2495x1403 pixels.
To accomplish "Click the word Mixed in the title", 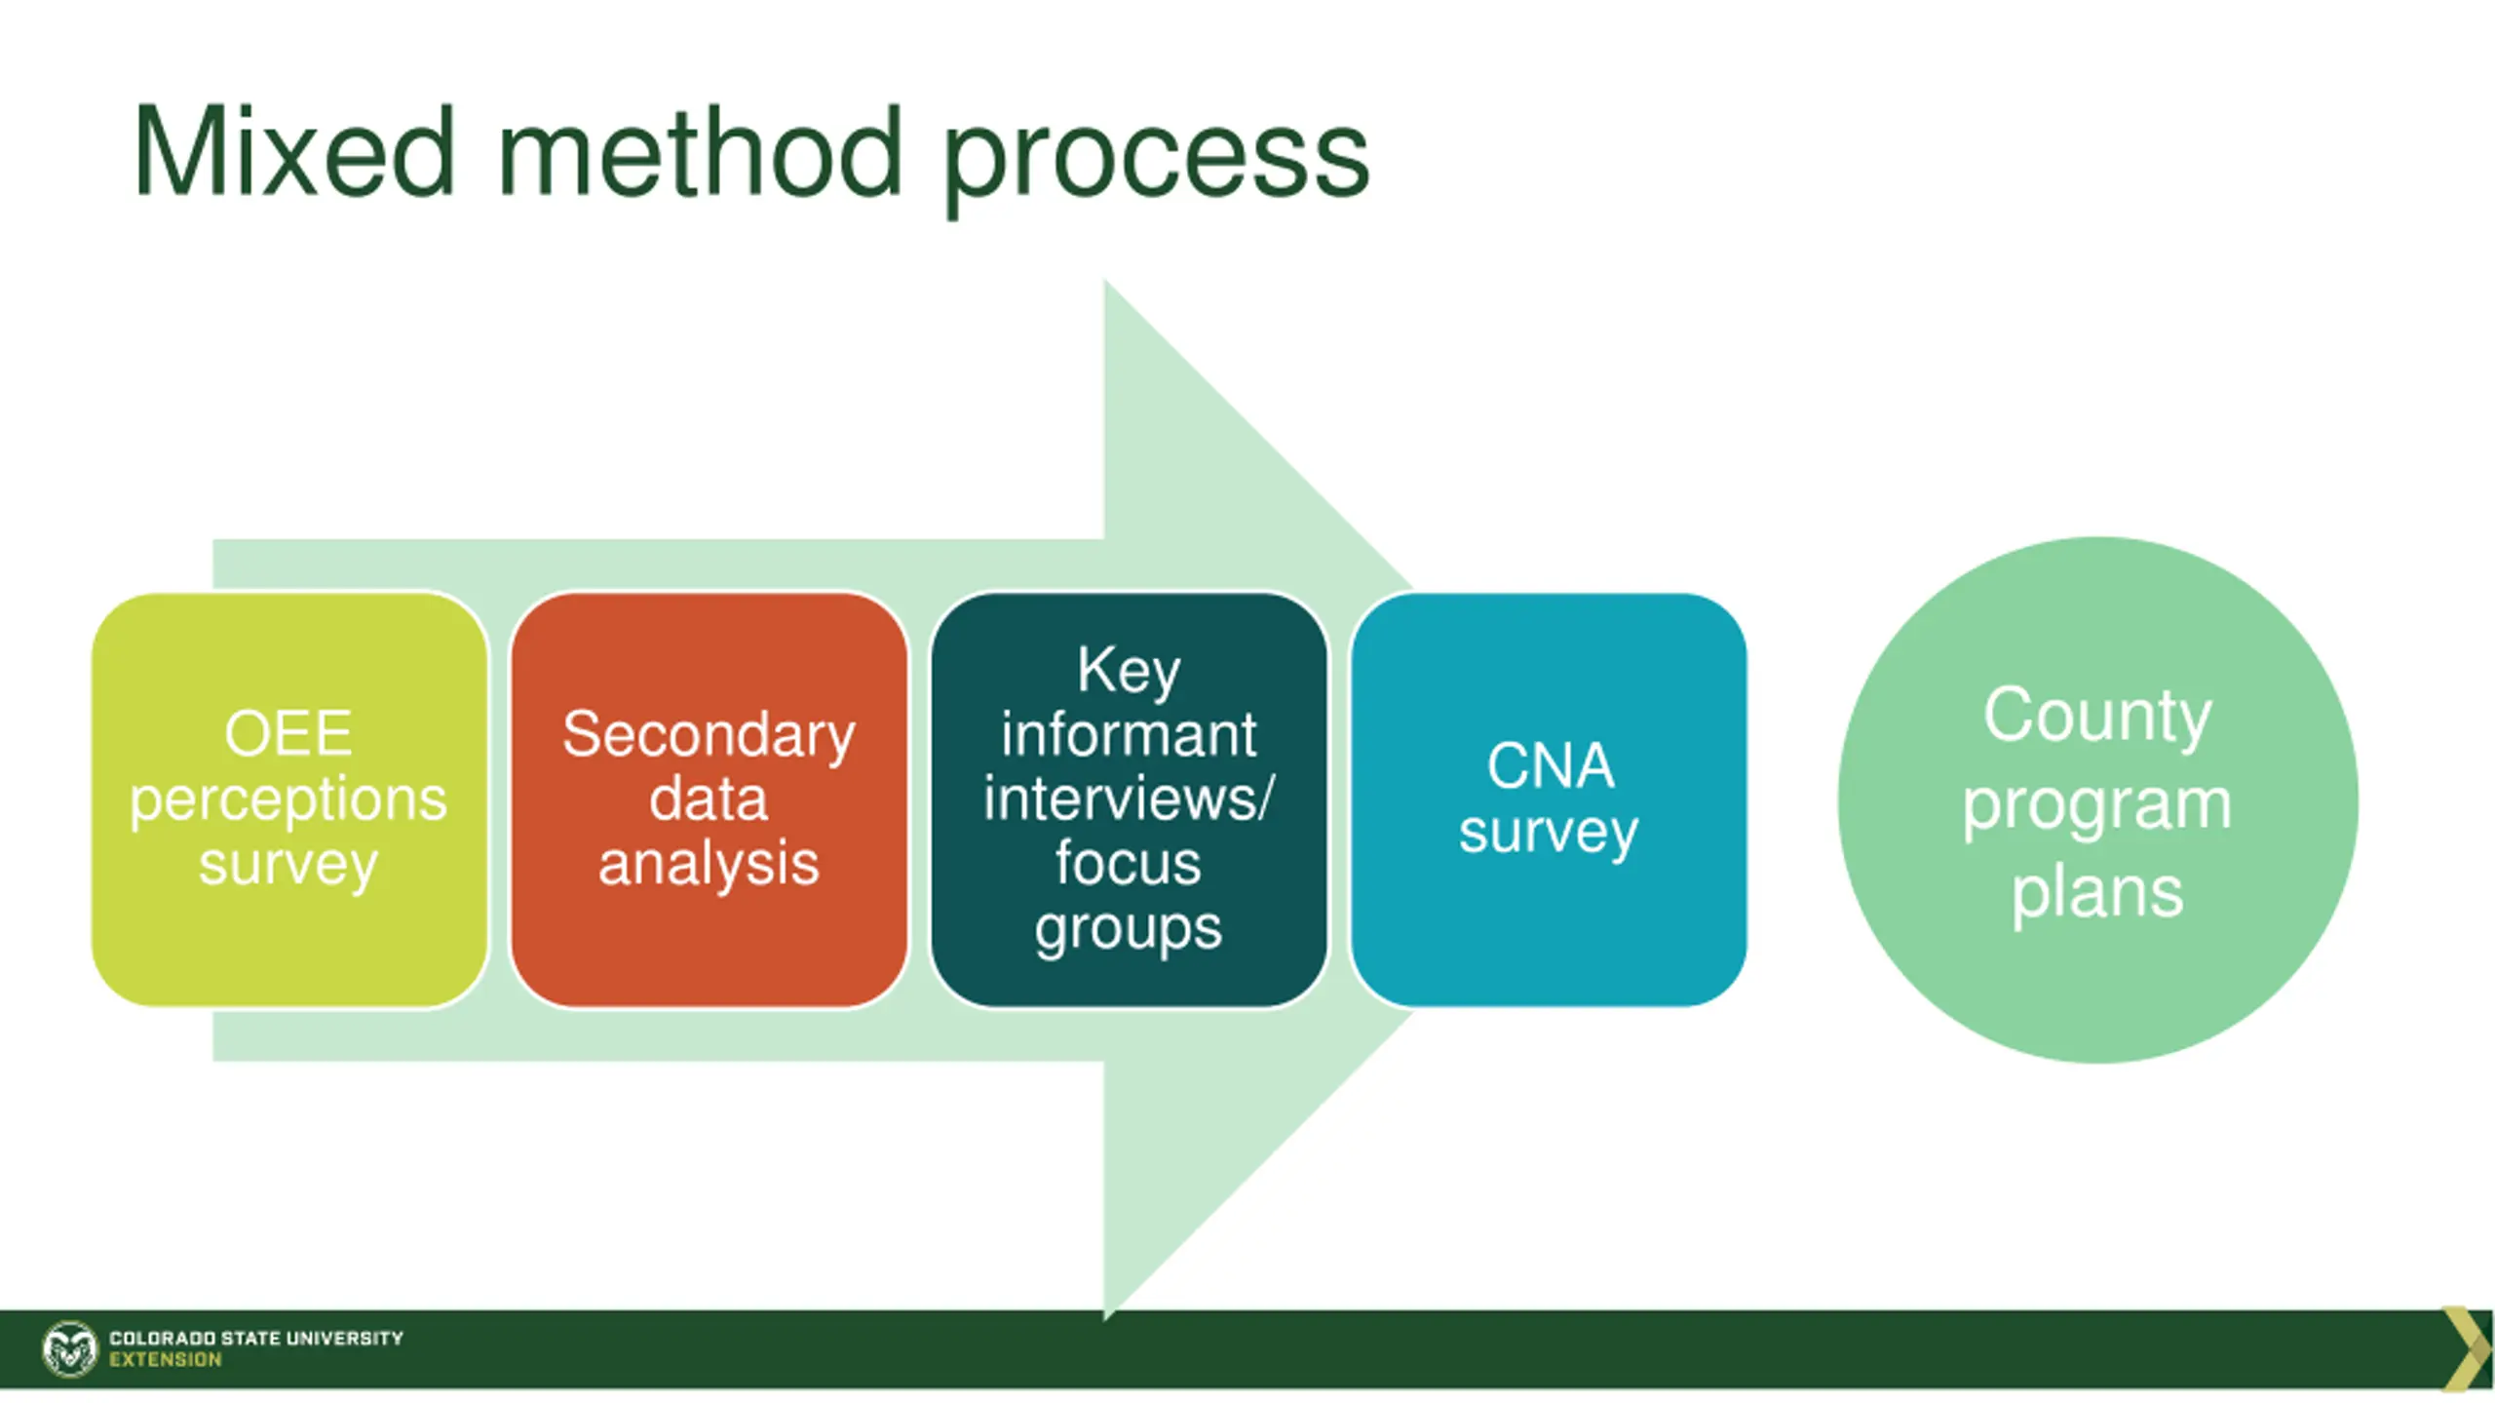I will pyautogui.click(x=293, y=154).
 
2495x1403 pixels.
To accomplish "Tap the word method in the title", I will pyautogui.click(x=700, y=154).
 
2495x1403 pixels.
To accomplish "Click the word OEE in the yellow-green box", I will pyautogui.click(x=288, y=734).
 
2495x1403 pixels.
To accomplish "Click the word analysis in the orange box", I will pyautogui.click(x=709, y=865).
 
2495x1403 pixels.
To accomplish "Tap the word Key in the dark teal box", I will pyautogui.click(x=1129, y=672).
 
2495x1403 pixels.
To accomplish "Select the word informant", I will pyautogui.click(x=1129, y=734).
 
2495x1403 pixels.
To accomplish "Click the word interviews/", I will pyautogui.click(x=1129, y=799).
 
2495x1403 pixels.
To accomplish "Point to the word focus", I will pyautogui.click(x=1129, y=863).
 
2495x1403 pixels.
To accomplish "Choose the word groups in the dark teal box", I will pyautogui.click(x=1129, y=929).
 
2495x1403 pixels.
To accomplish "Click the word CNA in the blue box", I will pyautogui.click(x=1550, y=766).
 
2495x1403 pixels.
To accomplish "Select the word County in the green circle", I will pyautogui.click(x=2097, y=717).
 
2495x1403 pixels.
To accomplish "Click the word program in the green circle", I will pyautogui.click(x=2097, y=806).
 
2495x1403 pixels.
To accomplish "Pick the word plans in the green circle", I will pyautogui.click(x=2097, y=893).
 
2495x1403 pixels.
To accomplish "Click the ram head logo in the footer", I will pyautogui.click(x=70, y=1349).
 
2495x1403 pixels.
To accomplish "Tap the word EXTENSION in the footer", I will pyautogui.click(x=166, y=1360).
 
